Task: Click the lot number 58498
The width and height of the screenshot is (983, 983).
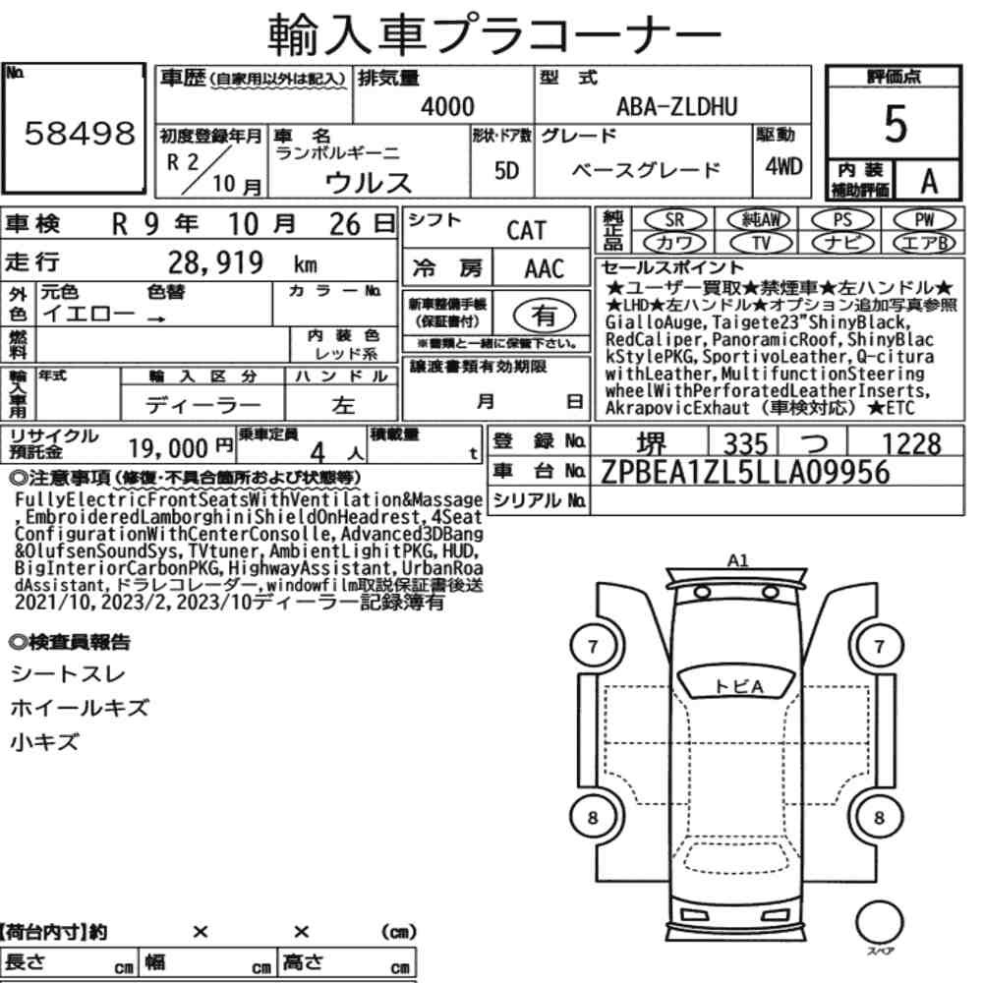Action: click(x=80, y=133)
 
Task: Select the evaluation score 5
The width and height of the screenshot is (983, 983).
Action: click(x=896, y=124)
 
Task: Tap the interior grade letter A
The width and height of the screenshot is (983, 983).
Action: click(x=929, y=182)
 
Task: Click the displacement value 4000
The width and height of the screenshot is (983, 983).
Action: click(x=447, y=106)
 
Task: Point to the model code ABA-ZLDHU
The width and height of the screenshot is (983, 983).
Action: click(x=677, y=106)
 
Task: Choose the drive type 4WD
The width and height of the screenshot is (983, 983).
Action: click(x=783, y=166)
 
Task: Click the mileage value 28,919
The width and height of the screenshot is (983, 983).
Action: click(x=215, y=262)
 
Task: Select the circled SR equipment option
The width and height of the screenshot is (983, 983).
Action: click(x=675, y=219)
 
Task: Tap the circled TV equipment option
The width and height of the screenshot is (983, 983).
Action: click(x=761, y=243)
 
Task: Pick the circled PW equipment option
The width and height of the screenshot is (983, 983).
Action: click(x=924, y=219)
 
